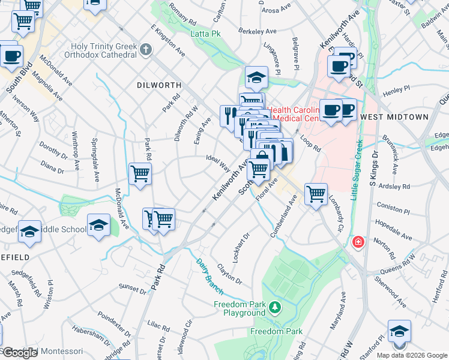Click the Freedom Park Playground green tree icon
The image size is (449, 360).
[275, 308]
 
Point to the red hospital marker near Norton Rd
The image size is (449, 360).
[358, 242]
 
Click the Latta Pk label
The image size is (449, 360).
[206, 34]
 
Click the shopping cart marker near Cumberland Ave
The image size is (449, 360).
[316, 194]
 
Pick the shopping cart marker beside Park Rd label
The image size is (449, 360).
[140, 174]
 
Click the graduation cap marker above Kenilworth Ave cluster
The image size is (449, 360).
[256, 77]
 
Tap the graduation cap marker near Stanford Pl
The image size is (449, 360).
[399, 331]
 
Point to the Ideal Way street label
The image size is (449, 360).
[217, 162]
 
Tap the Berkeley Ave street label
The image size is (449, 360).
[257, 31]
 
